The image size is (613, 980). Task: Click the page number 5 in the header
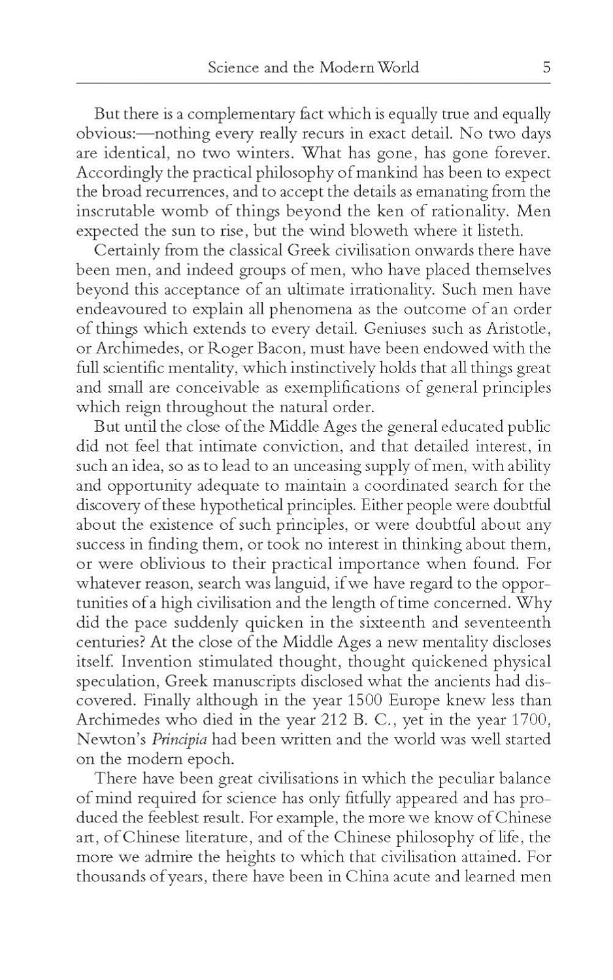coord(546,67)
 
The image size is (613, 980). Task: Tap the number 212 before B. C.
coord(339,720)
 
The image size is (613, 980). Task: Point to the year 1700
coord(530,720)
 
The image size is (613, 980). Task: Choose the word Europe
coord(417,700)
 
